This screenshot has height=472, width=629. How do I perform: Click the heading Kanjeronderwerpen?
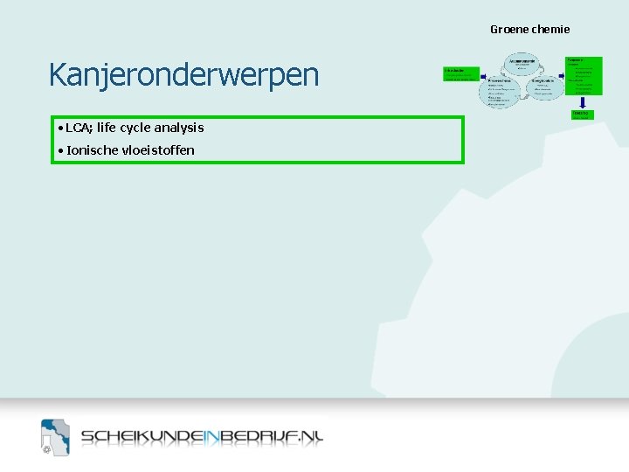[x=183, y=76]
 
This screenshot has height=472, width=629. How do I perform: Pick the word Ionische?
[x=93, y=150]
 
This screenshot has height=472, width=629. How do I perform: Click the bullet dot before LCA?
[x=58, y=128]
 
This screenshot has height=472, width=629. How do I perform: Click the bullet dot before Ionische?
[x=58, y=151]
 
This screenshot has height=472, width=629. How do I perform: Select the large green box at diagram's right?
[x=584, y=75]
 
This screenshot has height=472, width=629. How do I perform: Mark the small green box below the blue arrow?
[x=580, y=115]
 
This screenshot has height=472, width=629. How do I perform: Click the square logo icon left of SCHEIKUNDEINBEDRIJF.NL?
[x=54, y=437]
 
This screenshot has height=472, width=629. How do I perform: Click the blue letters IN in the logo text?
[x=212, y=437]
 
